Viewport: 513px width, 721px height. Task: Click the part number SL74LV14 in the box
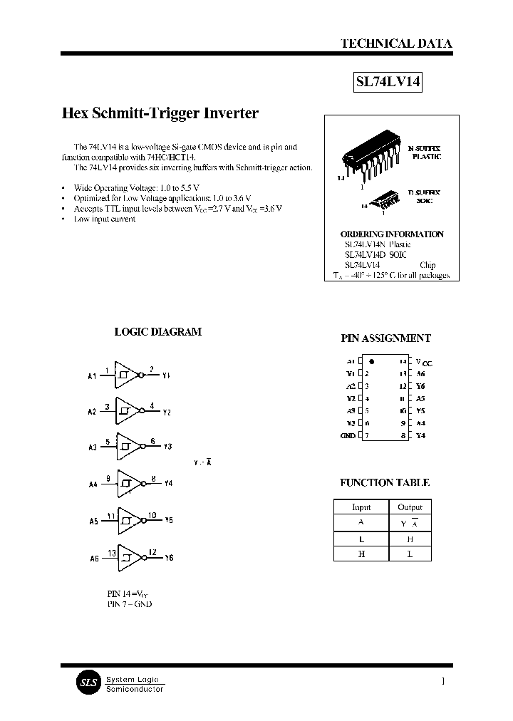(388, 83)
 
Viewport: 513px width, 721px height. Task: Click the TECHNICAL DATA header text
(396, 43)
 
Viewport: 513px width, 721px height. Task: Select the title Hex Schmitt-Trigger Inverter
(160, 113)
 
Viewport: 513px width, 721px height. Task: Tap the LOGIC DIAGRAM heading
(158, 331)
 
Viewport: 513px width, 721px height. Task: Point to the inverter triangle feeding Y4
(128, 484)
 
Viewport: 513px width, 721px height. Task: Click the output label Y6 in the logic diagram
(168, 558)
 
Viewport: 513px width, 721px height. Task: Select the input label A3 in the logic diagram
(93, 447)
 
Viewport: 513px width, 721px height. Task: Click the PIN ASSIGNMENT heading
(385, 338)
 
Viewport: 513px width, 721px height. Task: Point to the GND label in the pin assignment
(348, 435)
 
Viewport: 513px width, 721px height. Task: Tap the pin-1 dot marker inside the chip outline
(372, 362)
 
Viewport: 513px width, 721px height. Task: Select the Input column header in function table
(361, 507)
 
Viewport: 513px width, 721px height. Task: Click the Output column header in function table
(410, 507)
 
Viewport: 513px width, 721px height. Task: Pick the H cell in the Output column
(410, 539)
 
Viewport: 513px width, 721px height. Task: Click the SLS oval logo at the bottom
(88, 682)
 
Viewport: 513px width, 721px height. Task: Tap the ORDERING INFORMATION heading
(392, 234)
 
